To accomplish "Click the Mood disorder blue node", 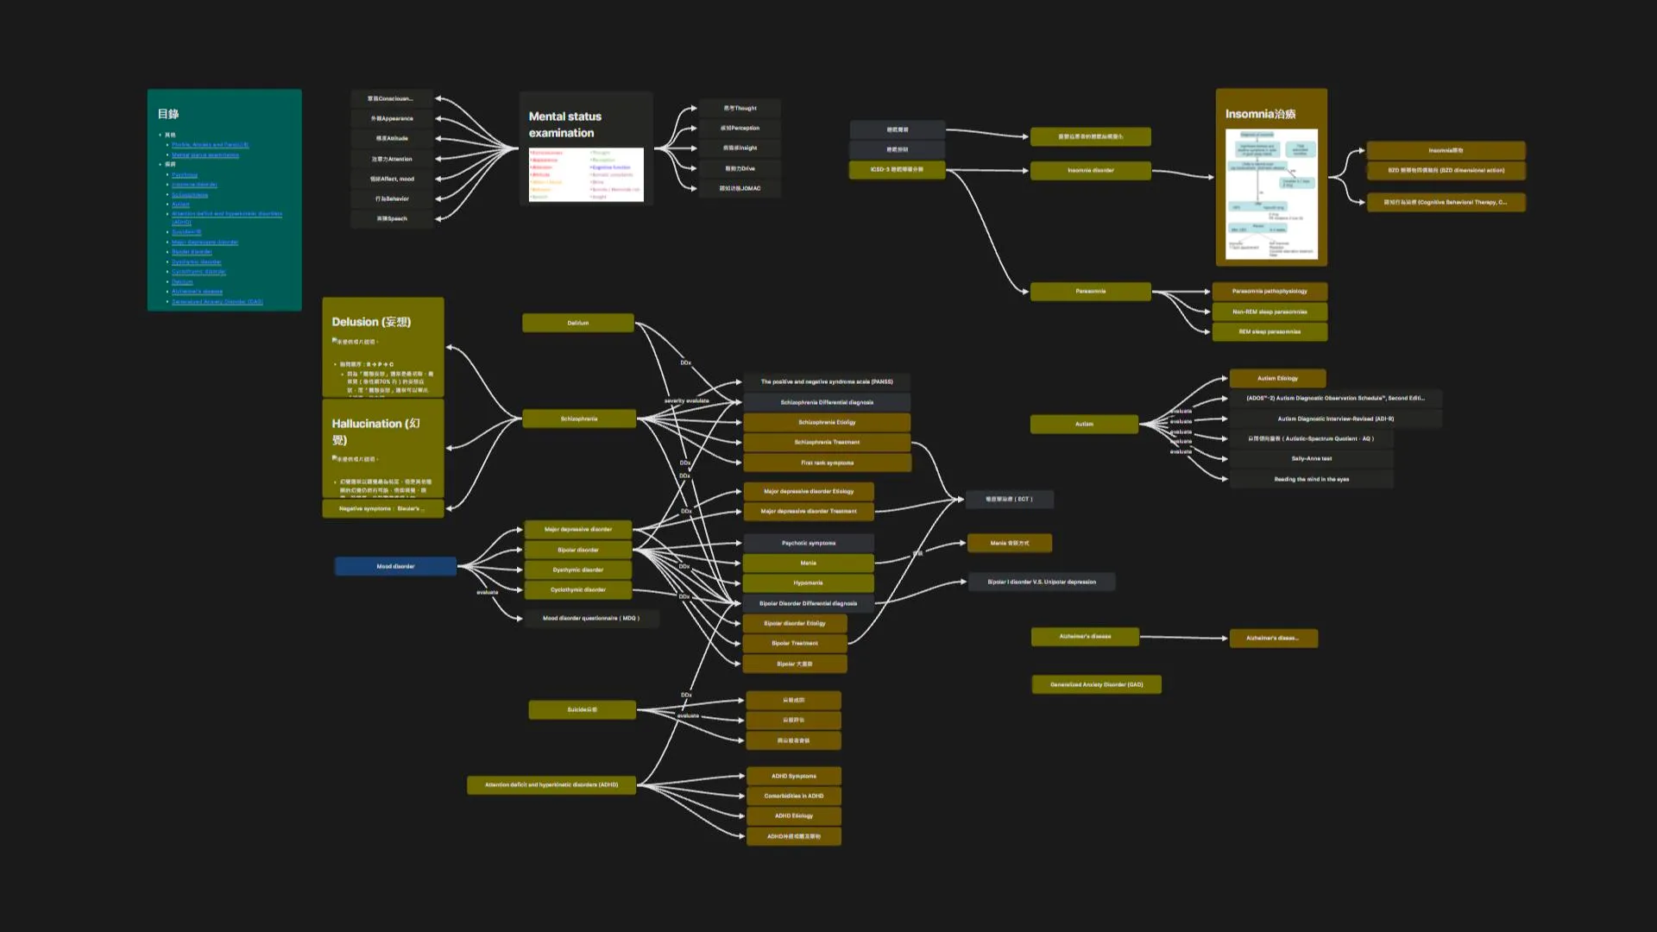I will click(395, 566).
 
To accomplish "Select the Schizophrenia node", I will click(578, 419).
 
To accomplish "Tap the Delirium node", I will click(577, 323).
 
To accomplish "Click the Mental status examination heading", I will click(565, 124).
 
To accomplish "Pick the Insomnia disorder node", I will click(1090, 170).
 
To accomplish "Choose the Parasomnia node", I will click(1090, 291).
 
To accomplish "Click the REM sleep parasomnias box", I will click(1269, 331).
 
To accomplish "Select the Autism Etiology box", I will click(1277, 378).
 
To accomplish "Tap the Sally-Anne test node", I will click(1311, 458).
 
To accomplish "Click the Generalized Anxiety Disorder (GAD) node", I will click(1096, 684).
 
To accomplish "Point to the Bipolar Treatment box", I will click(794, 643).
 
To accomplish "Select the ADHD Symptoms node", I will click(793, 776).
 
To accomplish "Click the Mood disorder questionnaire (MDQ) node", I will click(590, 618).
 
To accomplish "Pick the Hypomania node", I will click(808, 582).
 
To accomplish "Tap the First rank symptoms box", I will click(827, 463).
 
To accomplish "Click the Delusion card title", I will click(371, 322).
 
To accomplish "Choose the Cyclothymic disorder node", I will click(577, 589).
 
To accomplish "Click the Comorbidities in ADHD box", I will click(793, 796).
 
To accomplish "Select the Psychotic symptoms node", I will click(808, 543).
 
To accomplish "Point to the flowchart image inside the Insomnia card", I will click(1271, 193).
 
